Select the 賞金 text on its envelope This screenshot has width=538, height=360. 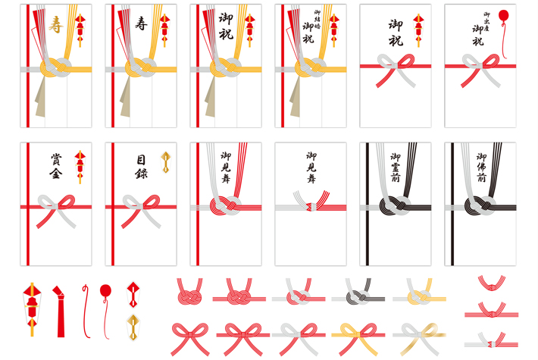pyautogui.click(x=56, y=166)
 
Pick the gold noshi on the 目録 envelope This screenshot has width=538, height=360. pyautogui.click(x=165, y=162)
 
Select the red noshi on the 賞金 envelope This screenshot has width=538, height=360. pyautogui.click(x=80, y=166)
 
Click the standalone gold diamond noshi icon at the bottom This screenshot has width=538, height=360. pyautogui.click(x=133, y=326)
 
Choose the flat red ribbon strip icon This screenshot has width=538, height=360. pyautogui.click(x=60, y=310)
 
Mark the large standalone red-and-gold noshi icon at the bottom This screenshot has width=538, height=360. pyautogui.click(x=31, y=308)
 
